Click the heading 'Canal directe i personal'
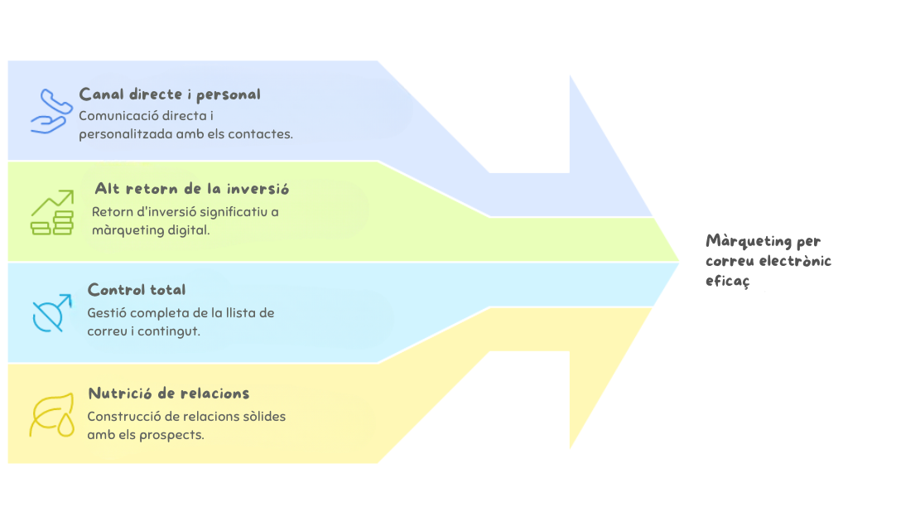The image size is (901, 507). [x=170, y=94]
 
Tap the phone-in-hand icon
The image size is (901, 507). [x=51, y=112]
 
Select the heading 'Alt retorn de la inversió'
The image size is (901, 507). [x=192, y=189]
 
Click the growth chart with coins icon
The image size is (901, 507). [x=52, y=213]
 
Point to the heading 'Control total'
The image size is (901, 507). [x=137, y=290]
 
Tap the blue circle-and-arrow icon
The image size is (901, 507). [x=52, y=313]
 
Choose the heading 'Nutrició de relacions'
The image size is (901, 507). [x=169, y=394]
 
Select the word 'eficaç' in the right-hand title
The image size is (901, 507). [x=727, y=281]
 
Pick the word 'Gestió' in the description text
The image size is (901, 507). [x=105, y=313]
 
